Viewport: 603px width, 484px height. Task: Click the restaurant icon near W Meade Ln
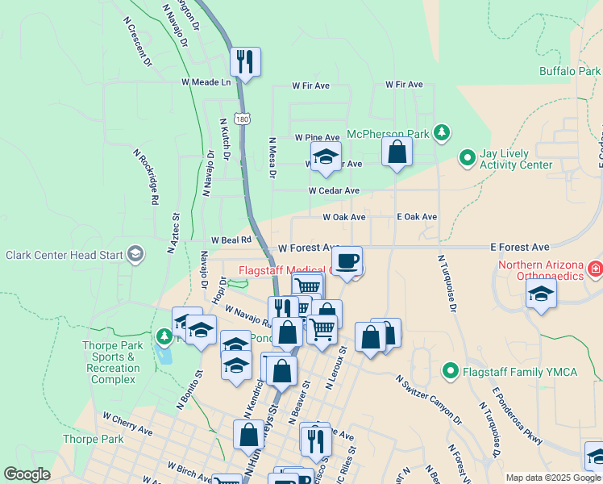point(245,61)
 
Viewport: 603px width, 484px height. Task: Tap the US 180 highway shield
point(243,118)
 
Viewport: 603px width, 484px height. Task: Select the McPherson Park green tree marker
point(441,132)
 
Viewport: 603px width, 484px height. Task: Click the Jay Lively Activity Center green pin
point(467,158)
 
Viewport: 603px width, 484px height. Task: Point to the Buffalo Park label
point(570,71)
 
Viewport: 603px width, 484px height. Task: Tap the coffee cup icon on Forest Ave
point(347,261)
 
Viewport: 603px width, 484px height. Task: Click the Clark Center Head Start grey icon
point(135,255)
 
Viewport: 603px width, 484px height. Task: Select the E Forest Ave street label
point(519,247)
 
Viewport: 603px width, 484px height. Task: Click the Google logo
point(27,474)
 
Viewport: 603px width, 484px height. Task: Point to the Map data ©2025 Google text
point(553,478)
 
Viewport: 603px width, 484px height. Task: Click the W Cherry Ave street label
point(127,425)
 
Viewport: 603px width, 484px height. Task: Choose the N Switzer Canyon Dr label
point(428,399)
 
